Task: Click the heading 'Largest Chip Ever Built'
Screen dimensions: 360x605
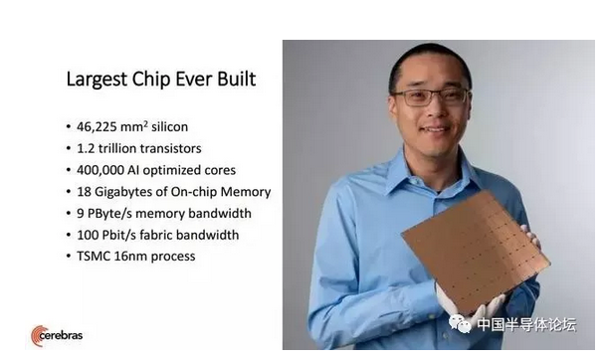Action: (x=160, y=79)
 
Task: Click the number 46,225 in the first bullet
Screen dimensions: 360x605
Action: (x=99, y=127)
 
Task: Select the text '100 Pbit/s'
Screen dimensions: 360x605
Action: (x=108, y=235)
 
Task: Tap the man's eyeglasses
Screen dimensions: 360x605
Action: (x=430, y=96)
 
